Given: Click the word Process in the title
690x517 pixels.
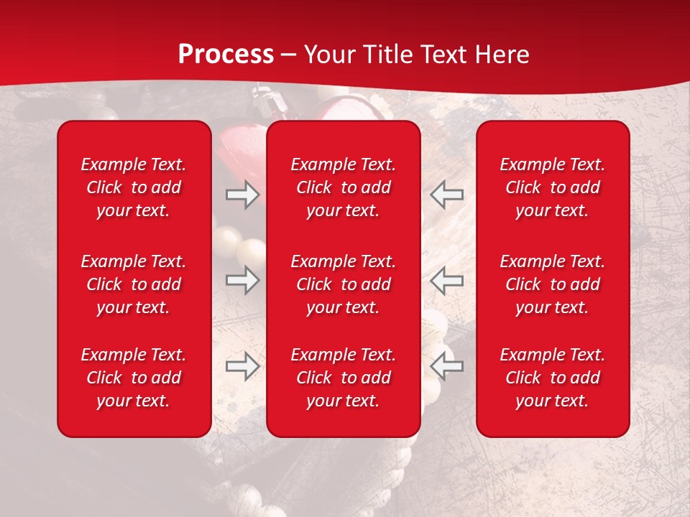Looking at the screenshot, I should pyautogui.click(x=226, y=55).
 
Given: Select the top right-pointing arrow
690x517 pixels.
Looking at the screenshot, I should pyautogui.click(x=242, y=195).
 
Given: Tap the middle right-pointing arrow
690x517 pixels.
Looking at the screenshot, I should pyautogui.click(x=242, y=280).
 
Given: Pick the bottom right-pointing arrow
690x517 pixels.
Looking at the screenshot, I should pyautogui.click(x=242, y=366).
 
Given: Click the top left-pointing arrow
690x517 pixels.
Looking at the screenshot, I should pyautogui.click(x=447, y=195).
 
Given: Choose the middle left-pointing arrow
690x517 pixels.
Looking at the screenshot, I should pyautogui.click(x=447, y=280).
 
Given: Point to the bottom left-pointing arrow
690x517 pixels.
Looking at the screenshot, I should pyautogui.click(x=447, y=366).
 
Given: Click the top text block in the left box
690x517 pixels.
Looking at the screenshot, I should pyautogui.click(x=134, y=187).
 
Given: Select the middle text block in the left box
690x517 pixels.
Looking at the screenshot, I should pyautogui.click(x=134, y=284).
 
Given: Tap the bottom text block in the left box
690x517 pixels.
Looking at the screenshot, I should pyautogui.click(x=134, y=378).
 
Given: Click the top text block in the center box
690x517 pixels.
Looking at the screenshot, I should pyautogui.click(x=344, y=187).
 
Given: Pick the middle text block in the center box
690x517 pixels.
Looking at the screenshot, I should pyautogui.click(x=344, y=284).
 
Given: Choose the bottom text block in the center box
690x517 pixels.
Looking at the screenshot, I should pyautogui.click(x=344, y=378).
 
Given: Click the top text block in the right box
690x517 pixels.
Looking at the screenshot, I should pyautogui.click(x=553, y=187).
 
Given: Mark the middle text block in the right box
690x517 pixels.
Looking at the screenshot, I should pyautogui.click(x=553, y=284).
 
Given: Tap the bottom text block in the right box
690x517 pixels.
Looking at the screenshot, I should pyautogui.click(x=553, y=378).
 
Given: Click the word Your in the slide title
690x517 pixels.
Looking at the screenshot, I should pyautogui.click(x=328, y=55).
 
